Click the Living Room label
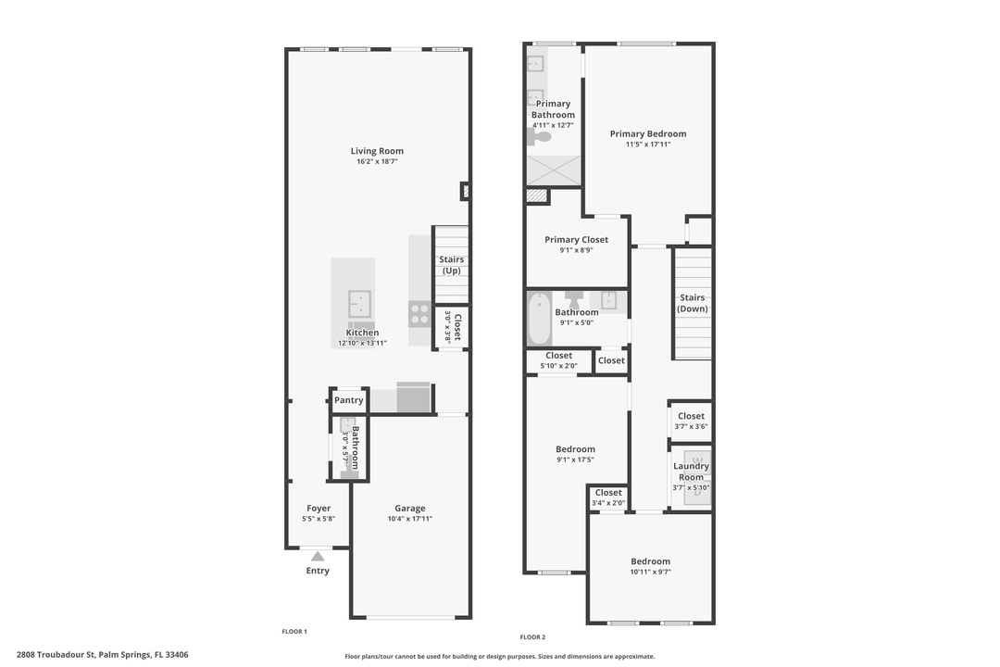click(x=377, y=151)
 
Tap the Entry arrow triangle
click(x=318, y=556)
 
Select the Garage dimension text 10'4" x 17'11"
click(x=409, y=519)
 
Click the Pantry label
click(x=348, y=400)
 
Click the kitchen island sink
click(x=359, y=303)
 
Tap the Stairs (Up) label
click(x=452, y=265)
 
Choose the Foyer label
click(x=319, y=508)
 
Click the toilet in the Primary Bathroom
click(x=540, y=137)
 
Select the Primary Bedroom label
click(x=648, y=133)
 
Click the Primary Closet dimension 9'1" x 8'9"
click(x=576, y=250)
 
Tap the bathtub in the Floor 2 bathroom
click(x=539, y=320)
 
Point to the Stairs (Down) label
click(x=692, y=303)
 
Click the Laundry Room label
click(x=691, y=472)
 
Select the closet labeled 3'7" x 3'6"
click(x=691, y=421)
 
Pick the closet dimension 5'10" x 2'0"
click(x=558, y=366)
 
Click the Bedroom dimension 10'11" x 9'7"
click(x=650, y=572)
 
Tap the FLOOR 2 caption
click(x=532, y=636)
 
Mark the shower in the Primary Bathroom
click(x=554, y=170)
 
